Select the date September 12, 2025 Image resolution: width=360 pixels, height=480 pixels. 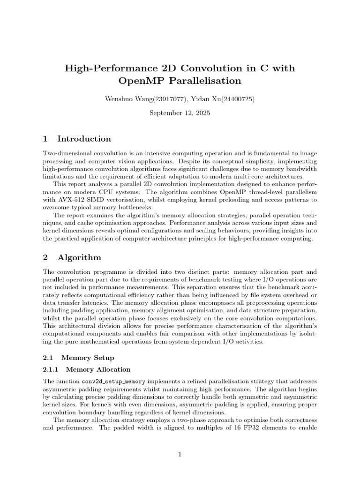click(x=180, y=113)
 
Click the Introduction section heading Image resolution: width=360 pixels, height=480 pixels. click(x=84, y=139)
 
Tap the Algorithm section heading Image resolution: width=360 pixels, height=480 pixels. click(x=79, y=257)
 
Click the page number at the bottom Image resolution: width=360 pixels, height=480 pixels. click(x=180, y=454)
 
